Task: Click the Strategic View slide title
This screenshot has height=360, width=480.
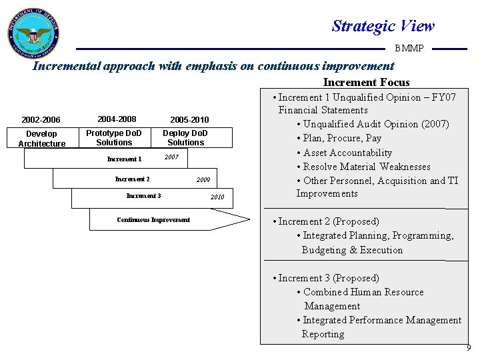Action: coord(383,26)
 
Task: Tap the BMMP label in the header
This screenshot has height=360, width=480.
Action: coord(409,48)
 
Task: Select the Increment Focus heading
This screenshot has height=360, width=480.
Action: coord(366,82)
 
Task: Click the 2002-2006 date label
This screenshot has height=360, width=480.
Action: coord(41,120)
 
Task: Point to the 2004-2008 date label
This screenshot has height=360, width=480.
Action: coord(117,119)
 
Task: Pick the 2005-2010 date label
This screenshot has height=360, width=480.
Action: coord(189,120)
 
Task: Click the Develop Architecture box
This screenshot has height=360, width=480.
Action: coord(41,139)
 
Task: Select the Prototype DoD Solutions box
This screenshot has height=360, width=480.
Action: coord(114,138)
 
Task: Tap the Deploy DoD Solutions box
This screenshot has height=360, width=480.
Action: coord(185,138)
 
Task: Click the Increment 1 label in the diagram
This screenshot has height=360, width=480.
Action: coord(125,159)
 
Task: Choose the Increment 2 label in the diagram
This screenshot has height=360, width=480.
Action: coord(132,179)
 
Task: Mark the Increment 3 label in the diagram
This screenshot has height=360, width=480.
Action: coord(143,196)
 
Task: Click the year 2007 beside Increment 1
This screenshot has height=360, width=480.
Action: coord(171,157)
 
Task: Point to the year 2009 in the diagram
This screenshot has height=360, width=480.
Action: coord(203,180)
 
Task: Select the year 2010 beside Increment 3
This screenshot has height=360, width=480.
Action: coord(217,197)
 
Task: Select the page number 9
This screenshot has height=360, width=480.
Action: coord(468,348)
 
